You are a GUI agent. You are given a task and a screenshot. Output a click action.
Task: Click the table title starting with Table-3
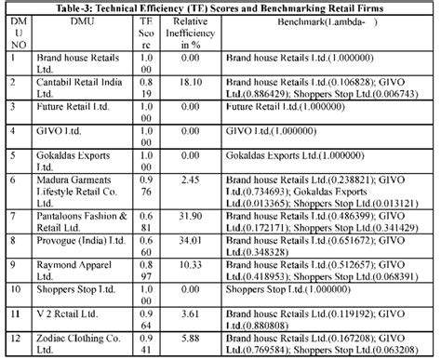220,7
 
